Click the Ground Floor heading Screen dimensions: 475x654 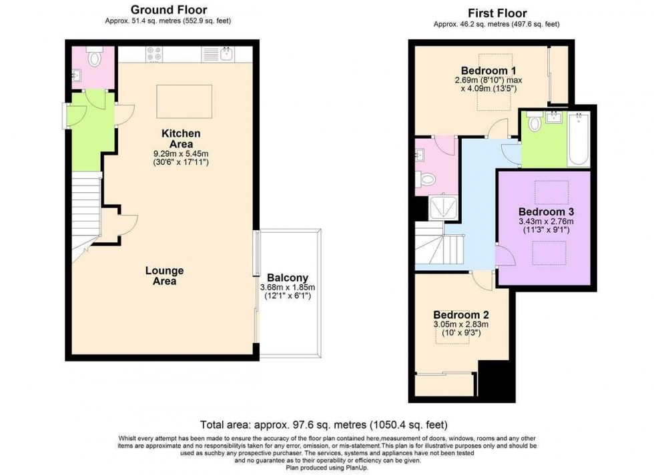pyautogui.click(x=168, y=10)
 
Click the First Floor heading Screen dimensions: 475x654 pyautogui.click(x=497, y=13)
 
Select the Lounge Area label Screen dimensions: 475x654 pyautogui.click(x=165, y=276)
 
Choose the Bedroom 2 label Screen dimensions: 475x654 pyautogui.click(x=461, y=315)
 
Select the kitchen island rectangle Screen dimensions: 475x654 pyautogui.click(x=184, y=99)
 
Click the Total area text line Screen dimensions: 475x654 pyautogui.click(x=324, y=424)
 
